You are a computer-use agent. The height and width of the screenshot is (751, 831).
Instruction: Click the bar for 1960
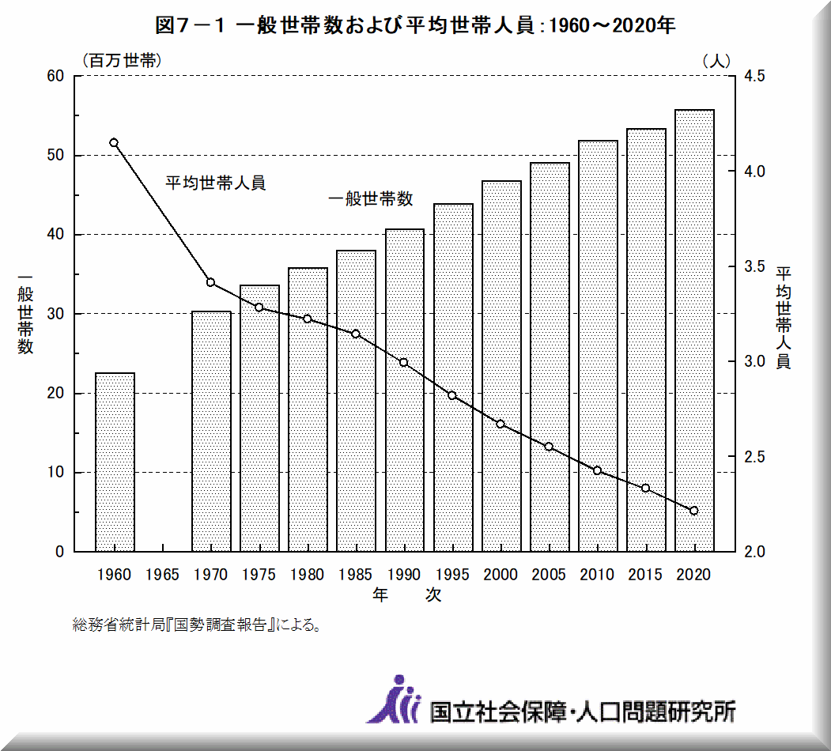(115, 462)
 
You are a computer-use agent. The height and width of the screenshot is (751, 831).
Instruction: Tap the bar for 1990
(405, 391)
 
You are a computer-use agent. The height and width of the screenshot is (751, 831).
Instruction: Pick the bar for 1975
(259, 418)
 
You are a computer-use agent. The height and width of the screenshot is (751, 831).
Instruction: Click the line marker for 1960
(114, 143)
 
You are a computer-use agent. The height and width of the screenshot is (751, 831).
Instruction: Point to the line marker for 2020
(694, 511)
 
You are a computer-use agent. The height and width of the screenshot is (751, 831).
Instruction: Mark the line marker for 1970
(210, 282)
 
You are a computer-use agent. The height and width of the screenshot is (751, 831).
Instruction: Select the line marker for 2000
(500, 424)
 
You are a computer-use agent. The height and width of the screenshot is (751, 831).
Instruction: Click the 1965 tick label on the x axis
(163, 575)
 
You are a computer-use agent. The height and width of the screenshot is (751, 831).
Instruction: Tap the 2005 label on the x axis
(550, 575)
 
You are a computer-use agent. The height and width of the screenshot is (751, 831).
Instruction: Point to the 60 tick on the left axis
(55, 77)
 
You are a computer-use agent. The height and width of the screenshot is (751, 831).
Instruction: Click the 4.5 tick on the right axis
(754, 77)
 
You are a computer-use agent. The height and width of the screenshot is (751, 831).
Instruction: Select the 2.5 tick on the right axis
(754, 457)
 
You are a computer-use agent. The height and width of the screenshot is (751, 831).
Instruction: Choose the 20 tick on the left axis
(55, 394)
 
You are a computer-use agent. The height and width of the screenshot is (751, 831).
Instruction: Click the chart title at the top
(415, 25)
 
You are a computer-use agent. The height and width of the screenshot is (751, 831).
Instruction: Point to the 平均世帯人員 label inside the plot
(215, 183)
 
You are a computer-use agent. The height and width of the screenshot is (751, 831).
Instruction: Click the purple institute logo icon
(393, 700)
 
